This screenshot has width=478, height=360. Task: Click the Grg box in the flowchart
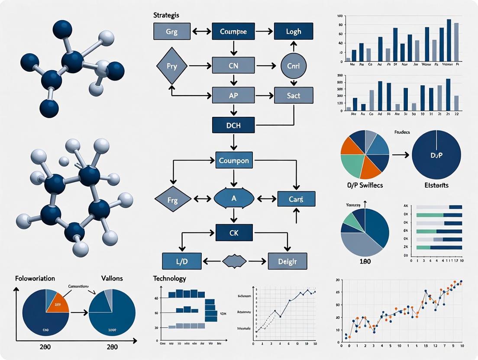pos(171,32)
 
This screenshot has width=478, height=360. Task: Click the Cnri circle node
pos(294,66)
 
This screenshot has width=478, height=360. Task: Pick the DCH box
pos(233,125)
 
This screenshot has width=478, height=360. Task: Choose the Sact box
pos(293,95)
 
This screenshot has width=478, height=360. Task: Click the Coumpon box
pos(233,161)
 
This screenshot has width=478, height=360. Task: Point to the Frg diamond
pos(172,199)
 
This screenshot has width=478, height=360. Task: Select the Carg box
pos(296,199)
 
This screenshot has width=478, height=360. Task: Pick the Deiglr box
pos(287,261)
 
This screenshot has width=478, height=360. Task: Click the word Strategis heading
pos(166,15)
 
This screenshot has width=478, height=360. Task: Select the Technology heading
pos(169,279)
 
